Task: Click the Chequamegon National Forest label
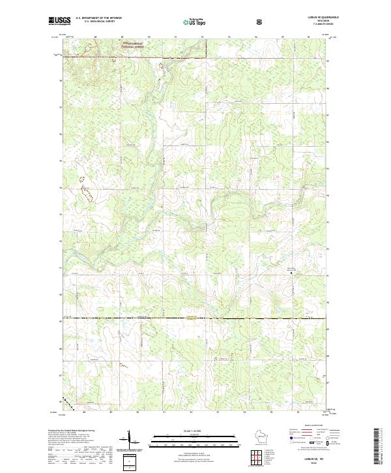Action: tap(133, 46)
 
